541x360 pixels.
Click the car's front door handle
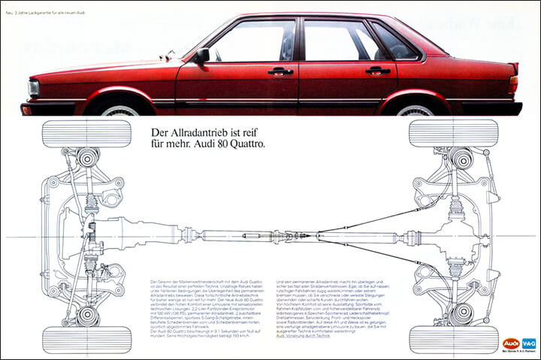280,71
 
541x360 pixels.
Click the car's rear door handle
378,71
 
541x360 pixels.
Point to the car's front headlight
34,89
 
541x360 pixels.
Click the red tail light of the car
513,84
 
